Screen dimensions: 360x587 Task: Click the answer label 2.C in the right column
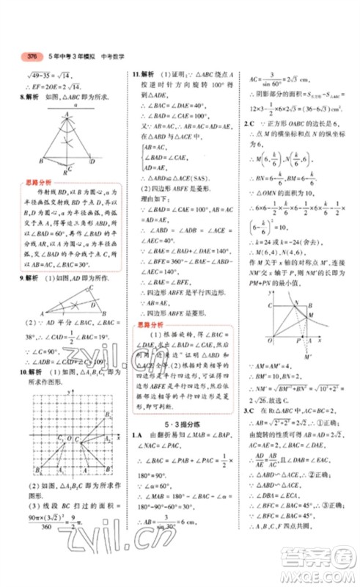click(249, 124)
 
